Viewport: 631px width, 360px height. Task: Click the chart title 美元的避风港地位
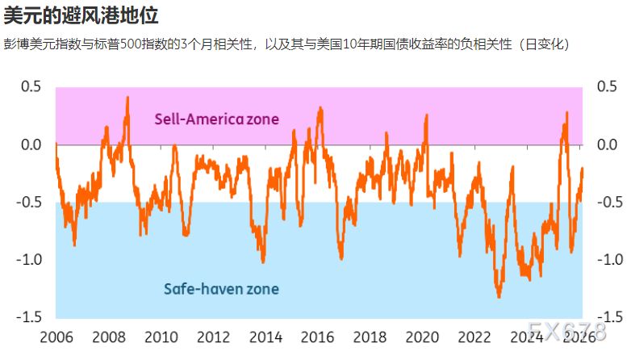80,15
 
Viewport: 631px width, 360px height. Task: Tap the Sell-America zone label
216,119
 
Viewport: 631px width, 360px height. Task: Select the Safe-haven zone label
221,288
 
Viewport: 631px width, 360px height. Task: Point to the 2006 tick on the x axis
56,337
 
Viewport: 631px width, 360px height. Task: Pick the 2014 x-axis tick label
266,337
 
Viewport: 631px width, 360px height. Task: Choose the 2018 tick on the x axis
371,337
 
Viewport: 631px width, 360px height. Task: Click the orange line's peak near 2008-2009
127,98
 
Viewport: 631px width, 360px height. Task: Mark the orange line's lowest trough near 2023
499,297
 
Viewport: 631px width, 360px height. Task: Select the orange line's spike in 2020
426,115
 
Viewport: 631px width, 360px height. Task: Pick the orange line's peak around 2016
320,107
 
